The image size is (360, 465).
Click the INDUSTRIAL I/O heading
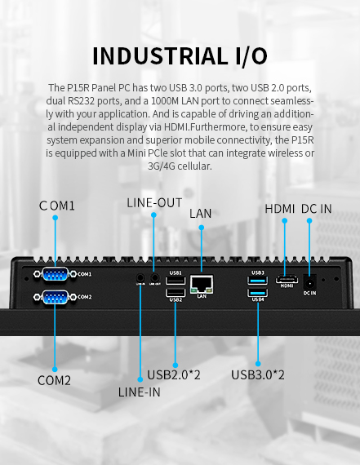[x=180, y=55]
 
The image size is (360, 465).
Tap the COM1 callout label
[x=57, y=206]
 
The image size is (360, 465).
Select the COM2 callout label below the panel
[x=54, y=380]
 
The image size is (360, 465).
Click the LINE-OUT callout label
[x=154, y=202]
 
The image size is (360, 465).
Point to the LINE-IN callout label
[x=139, y=392]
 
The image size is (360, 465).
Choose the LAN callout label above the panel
[x=201, y=214]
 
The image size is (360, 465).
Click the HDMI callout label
[x=280, y=209]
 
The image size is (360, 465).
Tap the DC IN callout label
[x=316, y=209]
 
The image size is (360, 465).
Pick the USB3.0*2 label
[x=258, y=375]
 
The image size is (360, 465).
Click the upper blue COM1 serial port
[x=55, y=275]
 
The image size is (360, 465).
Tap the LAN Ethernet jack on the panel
[x=201, y=285]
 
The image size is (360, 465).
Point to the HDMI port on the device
[x=287, y=279]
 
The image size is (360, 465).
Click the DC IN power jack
[x=310, y=280]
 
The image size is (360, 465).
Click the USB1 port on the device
[x=175, y=281]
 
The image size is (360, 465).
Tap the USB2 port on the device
[x=175, y=292]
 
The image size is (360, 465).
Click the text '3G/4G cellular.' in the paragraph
[x=180, y=166]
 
